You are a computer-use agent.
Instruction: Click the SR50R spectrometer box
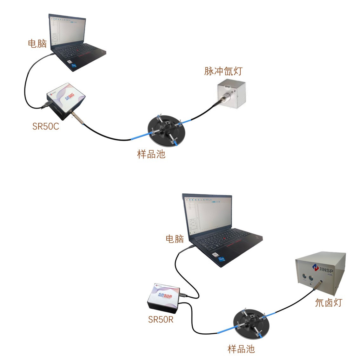tap(164, 296)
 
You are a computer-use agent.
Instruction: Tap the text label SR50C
tap(45, 126)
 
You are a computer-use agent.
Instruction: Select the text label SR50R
tap(161, 319)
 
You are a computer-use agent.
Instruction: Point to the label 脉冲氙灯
tap(223, 71)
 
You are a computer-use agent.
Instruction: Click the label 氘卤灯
tap(328, 303)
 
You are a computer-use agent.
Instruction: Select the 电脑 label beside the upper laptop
tap(37, 43)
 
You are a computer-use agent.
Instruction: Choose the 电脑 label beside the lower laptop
tap(175, 239)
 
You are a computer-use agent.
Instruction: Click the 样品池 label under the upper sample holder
tap(151, 154)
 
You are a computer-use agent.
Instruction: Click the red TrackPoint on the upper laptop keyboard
tap(77, 50)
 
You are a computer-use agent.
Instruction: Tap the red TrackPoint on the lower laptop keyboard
tap(225, 238)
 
